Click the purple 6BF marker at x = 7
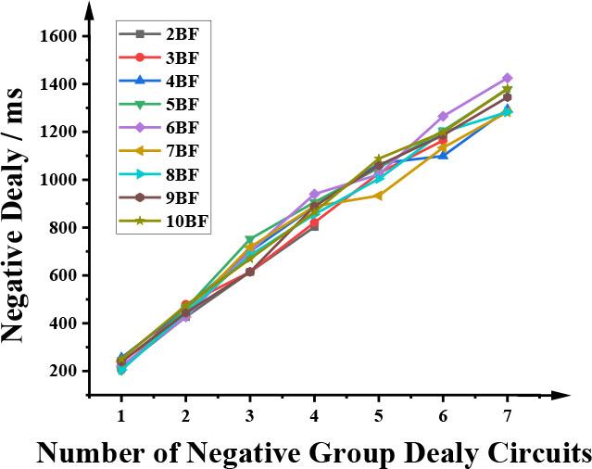click(x=507, y=78)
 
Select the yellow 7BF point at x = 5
click(x=378, y=196)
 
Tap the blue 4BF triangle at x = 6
click(x=443, y=155)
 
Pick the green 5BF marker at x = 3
click(x=250, y=240)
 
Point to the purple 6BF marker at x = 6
click(x=443, y=117)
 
